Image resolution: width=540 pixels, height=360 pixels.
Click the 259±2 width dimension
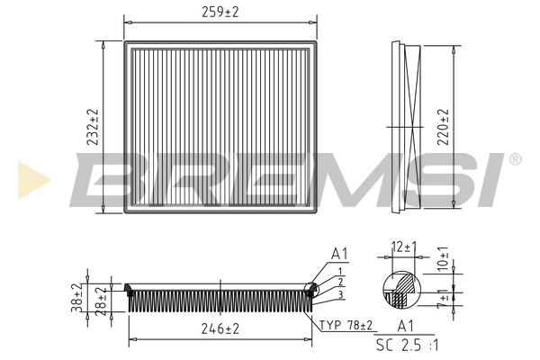(x=221, y=12)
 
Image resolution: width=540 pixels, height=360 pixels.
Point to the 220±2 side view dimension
(x=442, y=127)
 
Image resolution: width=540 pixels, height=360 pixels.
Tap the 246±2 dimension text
(x=220, y=329)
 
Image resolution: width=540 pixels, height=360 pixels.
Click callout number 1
(x=340, y=271)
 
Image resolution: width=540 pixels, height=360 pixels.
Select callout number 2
(x=340, y=283)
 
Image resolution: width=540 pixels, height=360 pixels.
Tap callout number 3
(x=340, y=294)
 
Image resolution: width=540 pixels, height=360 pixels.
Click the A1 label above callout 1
(x=339, y=254)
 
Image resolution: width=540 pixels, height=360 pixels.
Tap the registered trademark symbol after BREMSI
(x=514, y=159)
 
